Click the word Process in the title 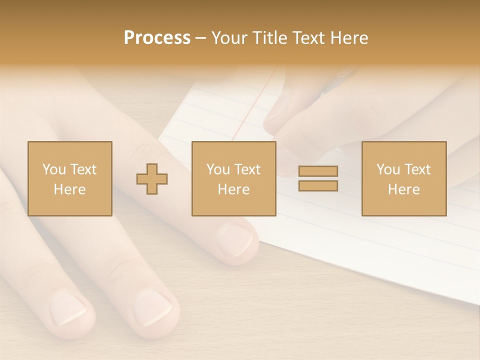[x=157, y=38]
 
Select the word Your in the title [x=229, y=38]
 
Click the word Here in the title [x=349, y=38]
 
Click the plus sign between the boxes [x=152, y=178]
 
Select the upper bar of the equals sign [x=318, y=171]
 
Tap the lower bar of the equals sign [x=318, y=186]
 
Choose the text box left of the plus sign [x=69, y=178]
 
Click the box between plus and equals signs [x=233, y=178]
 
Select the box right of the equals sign [x=403, y=178]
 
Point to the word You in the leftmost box [x=53, y=169]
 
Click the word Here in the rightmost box [x=403, y=189]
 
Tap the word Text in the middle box [x=248, y=169]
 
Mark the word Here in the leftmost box [x=69, y=189]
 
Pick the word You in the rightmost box [x=387, y=169]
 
